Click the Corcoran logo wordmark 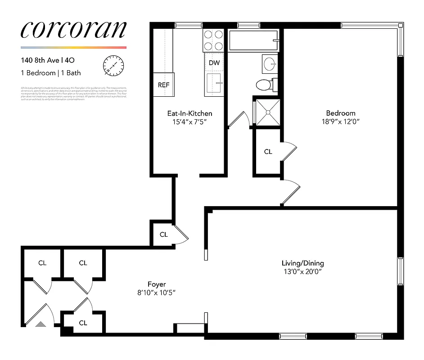tap(73, 30)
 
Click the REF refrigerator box tap(163, 85)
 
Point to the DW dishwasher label tap(214, 63)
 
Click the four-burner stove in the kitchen tap(214, 40)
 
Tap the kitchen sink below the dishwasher tap(214, 85)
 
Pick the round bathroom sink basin tap(271, 63)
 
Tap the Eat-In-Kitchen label tap(189, 113)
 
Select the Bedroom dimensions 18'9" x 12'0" tap(341, 121)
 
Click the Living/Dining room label tap(302, 263)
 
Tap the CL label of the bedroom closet tap(268, 152)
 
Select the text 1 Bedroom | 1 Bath tap(51, 72)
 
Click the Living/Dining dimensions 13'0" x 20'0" tap(302, 272)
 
